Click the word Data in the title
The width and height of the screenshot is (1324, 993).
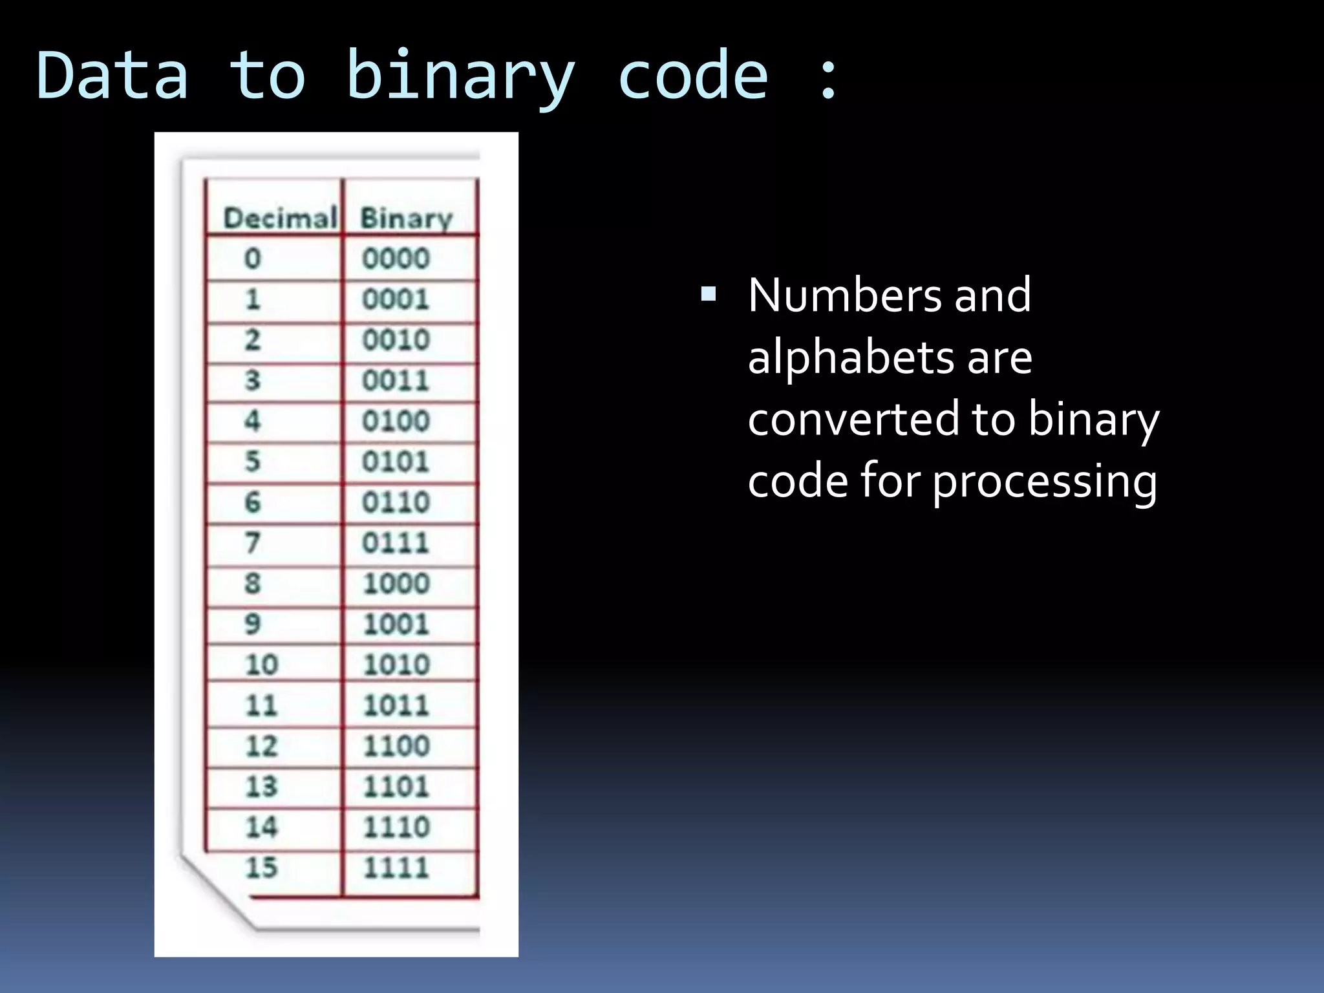pyautogui.click(x=112, y=76)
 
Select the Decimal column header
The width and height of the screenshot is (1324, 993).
pyautogui.click(x=280, y=219)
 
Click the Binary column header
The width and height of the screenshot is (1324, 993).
pyautogui.click(x=406, y=219)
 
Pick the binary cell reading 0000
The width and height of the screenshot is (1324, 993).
pyautogui.click(x=396, y=259)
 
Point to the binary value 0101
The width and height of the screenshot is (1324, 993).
pyautogui.click(x=396, y=462)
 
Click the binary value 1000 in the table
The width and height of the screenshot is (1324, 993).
pyautogui.click(x=396, y=584)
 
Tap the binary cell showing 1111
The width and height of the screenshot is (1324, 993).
pyautogui.click(x=396, y=868)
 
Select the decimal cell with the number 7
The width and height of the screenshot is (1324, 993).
pyautogui.click(x=252, y=542)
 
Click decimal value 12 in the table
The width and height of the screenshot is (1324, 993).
pyautogui.click(x=261, y=746)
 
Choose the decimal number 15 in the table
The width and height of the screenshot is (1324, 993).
pyautogui.click(x=261, y=868)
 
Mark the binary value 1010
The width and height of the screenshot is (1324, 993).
pyautogui.click(x=396, y=665)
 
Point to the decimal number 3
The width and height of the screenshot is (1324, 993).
pyautogui.click(x=252, y=380)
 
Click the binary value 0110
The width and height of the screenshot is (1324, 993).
pyautogui.click(x=396, y=502)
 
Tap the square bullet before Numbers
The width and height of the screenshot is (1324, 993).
pyautogui.click(x=709, y=295)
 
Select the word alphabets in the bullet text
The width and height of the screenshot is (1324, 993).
pyautogui.click(x=849, y=357)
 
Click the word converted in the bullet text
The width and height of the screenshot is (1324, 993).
pyautogui.click(x=851, y=419)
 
